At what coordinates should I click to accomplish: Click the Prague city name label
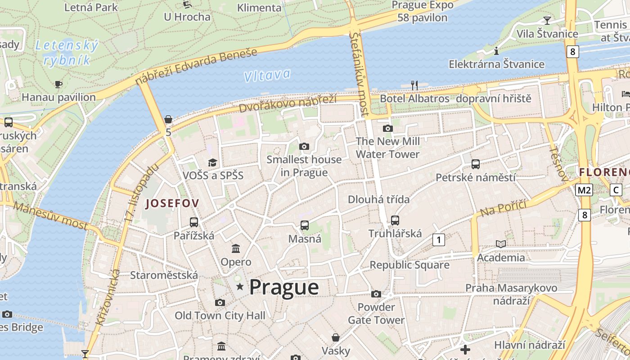click(284, 287)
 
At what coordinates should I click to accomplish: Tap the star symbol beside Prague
click(240, 287)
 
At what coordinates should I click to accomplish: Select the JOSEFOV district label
click(172, 203)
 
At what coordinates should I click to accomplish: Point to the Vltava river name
click(267, 75)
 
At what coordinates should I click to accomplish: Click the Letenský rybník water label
click(67, 52)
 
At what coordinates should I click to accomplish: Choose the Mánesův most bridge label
click(50, 216)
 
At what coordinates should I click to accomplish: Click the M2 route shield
click(584, 190)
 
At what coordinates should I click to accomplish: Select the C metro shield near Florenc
click(616, 190)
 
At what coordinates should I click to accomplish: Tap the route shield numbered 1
click(438, 240)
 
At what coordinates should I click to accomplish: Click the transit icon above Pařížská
click(194, 222)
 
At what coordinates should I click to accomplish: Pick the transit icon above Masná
click(305, 225)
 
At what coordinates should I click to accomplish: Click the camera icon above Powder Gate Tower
click(376, 294)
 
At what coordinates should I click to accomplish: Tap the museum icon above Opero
click(235, 248)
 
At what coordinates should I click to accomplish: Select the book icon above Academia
click(501, 244)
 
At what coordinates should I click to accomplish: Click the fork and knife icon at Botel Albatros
click(414, 85)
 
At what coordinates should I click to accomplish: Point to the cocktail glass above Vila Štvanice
click(547, 20)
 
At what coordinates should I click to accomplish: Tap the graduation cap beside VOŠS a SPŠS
click(212, 162)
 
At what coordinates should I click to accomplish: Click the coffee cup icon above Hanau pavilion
click(58, 84)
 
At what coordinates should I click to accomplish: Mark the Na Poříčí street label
click(503, 209)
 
